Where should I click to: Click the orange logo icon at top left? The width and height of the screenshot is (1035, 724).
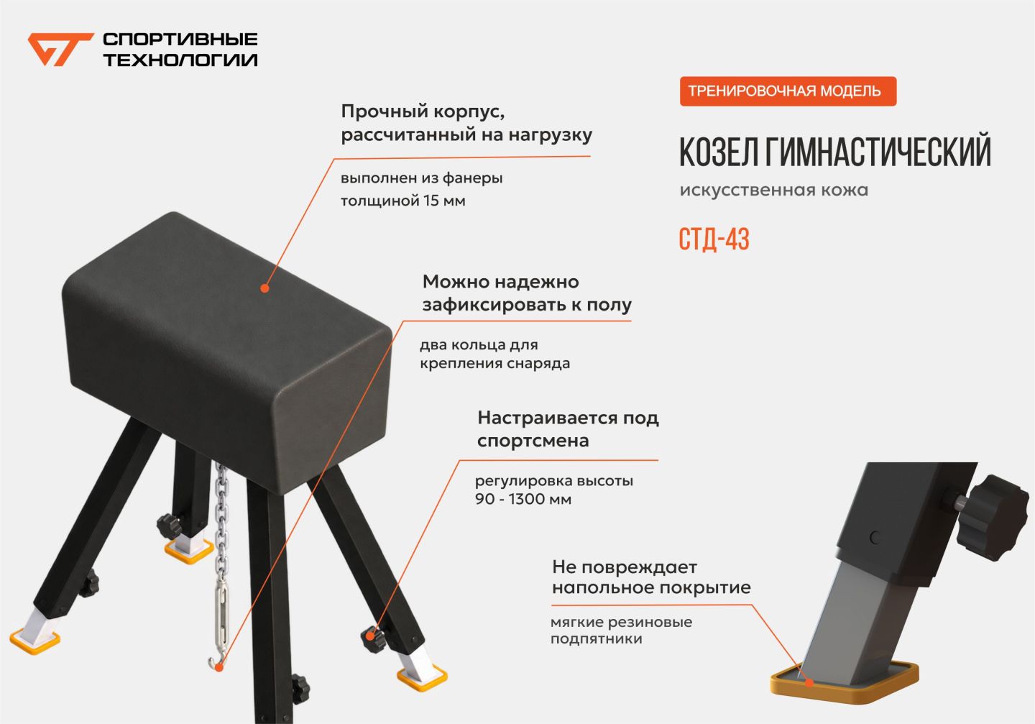[x=60, y=49]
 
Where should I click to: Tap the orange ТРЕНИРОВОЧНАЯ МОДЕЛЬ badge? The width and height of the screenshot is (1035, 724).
[x=788, y=91]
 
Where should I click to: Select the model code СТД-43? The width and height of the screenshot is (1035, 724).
[x=714, y=239]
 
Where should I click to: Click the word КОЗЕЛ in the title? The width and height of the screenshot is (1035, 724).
[x=719, y=152]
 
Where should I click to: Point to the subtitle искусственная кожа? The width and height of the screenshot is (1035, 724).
[x=774, y=190]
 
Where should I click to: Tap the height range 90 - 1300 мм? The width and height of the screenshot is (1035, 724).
[x=523, y=499]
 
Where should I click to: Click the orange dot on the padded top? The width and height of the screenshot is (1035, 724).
[x=264, y=288]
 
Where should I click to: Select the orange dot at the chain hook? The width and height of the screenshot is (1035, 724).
[x=219, y=668]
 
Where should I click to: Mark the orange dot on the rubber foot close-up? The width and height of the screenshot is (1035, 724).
[x=809, y=682]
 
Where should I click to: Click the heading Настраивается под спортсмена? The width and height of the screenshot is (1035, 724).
[x=568, y=429]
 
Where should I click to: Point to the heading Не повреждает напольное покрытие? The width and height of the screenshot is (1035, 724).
[x=651, y=577]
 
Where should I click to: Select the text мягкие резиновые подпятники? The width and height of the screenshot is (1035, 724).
[x=622, y=630]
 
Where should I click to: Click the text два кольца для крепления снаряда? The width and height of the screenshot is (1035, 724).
[x=494, y=354]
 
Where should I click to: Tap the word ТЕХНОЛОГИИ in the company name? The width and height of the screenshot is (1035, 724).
[x=180, y=60]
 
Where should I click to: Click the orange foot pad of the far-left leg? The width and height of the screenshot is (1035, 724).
[x=34, y=642]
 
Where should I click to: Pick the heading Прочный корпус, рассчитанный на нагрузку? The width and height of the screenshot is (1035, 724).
[x=466, y=123]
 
